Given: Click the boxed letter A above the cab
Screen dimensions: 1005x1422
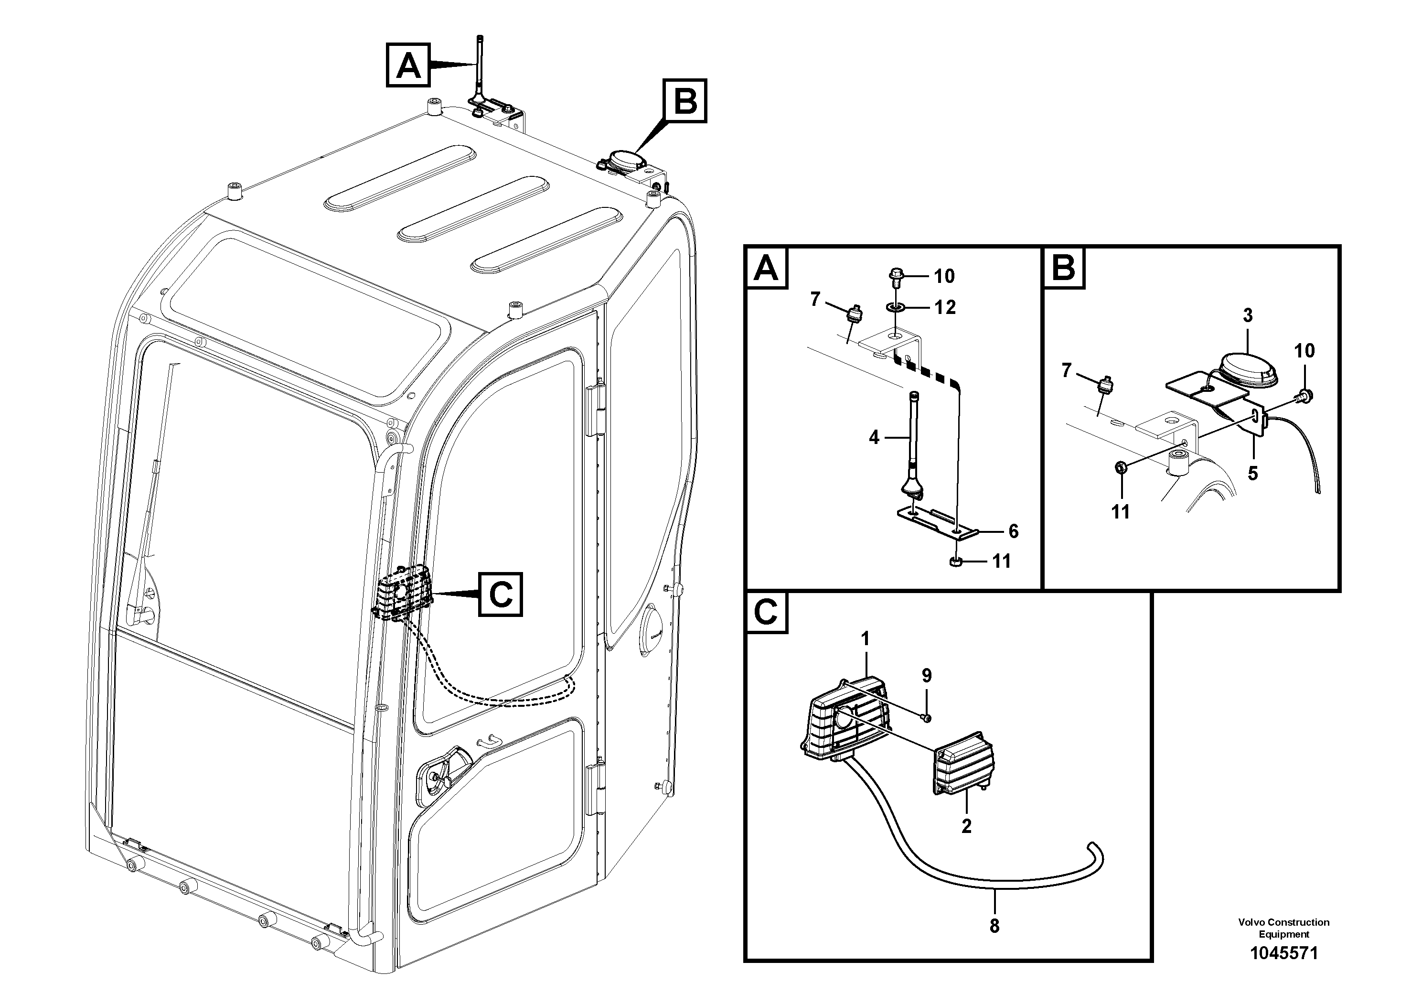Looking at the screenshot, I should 407,65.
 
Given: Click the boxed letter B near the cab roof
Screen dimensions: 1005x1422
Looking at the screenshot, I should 685,100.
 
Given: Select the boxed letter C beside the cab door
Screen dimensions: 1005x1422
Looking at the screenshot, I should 500,595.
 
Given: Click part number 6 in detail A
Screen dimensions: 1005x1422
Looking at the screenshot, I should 1013,531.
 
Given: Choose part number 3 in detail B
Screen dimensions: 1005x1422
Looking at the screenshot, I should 1247,316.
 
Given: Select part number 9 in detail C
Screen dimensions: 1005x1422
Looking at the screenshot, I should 927,675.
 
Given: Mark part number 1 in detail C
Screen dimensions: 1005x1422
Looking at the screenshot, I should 865,639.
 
